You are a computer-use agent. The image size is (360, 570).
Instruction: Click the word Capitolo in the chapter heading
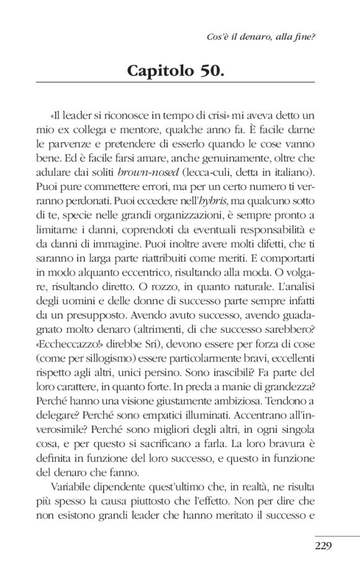point(160,70)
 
